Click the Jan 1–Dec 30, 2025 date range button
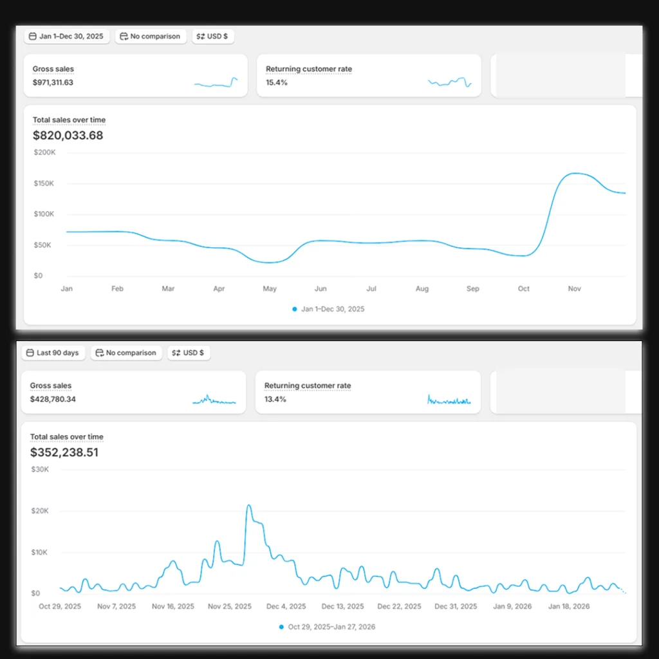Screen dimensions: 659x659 (x=66, y=37)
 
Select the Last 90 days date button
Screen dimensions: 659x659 (x=53, y=353)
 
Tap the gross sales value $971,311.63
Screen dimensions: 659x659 (x=53, y=83)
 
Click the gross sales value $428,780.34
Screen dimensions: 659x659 (x=53, y=399)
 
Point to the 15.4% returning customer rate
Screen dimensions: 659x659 (x=277, y=83)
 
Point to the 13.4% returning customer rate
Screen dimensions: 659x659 (x=275, y=399)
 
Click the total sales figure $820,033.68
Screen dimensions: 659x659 (x=68, y=135)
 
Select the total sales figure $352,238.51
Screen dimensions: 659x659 (x=64, y=452)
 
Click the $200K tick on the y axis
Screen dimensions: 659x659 (x=44, y=153)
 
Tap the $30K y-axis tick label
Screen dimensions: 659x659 (x=40, y=469)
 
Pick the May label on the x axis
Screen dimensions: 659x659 (x=270, y=289)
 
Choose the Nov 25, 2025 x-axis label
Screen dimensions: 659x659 (x=230, y=606)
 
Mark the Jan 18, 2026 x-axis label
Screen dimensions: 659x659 (x=569, y=606)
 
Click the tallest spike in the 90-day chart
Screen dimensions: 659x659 (x=249, y=506)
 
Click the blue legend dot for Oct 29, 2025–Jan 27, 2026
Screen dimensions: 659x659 (x=282, y=627)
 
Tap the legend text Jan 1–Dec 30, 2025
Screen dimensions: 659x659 (x=333, y=310)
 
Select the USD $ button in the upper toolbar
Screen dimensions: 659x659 (x=212, y=37)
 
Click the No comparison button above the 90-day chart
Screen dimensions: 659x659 (x=127, y=353)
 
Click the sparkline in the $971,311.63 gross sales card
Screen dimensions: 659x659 (x=216, y=82)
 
